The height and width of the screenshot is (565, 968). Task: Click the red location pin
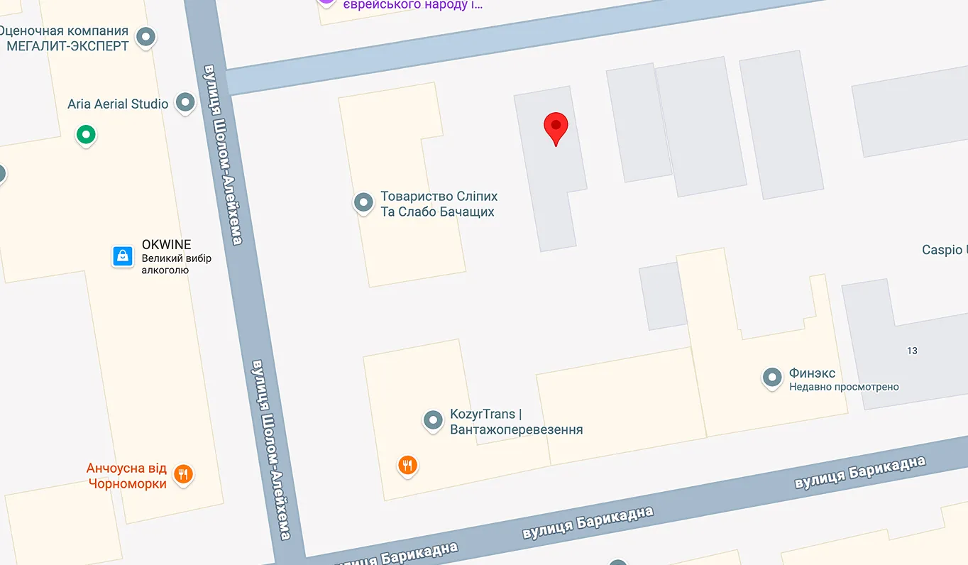[x=556, y=128]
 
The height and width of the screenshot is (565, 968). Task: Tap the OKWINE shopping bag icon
[x=123, y=256]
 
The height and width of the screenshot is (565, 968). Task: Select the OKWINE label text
[x=166, y=245]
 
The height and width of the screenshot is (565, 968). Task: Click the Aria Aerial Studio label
[x=118, y=104]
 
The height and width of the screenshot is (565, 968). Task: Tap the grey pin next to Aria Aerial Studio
[x=185, y=103]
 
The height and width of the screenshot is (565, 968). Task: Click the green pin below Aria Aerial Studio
[x=86, y=134]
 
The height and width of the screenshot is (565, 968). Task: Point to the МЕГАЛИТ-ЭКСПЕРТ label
[x=67, y=46]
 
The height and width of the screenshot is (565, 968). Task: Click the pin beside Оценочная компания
[x=146, y=37]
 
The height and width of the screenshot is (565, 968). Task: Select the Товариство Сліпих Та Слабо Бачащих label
[x=439, y=204]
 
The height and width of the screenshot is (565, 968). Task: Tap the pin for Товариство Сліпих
[x=363, y=203]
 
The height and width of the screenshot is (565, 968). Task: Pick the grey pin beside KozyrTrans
[x=433, y=420]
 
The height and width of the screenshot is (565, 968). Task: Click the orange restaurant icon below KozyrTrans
[x=407, y=466]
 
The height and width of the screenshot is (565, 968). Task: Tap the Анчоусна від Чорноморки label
[x=126, y=476]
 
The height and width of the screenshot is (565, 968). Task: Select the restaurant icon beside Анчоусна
[x=184, y=473]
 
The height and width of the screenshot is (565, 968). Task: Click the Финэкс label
[x=812, y=373]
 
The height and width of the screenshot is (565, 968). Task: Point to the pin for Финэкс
[x=772, y=378]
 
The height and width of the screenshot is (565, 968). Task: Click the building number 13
[x=912, y=351]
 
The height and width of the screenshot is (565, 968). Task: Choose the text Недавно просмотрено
[x=844, y=387]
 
